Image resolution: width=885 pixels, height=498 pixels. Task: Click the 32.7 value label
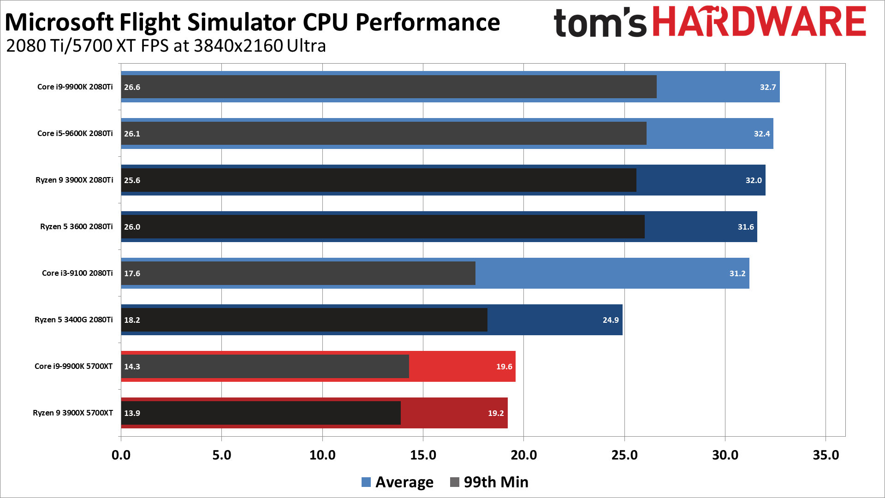coord(767,87)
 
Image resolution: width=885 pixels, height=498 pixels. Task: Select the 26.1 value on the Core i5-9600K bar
coord(132,134)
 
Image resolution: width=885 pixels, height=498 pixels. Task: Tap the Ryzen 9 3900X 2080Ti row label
coord(74,180)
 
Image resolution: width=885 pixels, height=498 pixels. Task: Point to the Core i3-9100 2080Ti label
coord(77,273)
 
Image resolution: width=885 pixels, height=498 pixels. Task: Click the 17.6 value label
coord(132,273)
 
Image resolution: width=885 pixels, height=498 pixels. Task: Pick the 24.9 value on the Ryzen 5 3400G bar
coord(610,320)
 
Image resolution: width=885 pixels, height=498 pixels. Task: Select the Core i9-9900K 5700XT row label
coord(73,366)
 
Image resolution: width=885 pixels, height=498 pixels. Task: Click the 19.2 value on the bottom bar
coord(496,413)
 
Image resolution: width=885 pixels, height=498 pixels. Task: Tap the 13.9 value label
coord(132,413)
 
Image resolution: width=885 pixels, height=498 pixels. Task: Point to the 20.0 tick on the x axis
coord(523,455)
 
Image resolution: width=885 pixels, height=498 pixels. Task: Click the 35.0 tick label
coord(826,455)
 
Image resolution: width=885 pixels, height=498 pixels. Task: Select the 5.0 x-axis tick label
coord(221,455)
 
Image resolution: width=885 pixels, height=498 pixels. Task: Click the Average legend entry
coord(398,482)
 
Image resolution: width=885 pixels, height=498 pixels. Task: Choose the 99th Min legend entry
coord(489,482)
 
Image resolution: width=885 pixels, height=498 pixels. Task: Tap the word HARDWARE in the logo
coord(760,22)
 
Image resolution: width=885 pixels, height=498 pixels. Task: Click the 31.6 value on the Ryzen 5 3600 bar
coord(745,227)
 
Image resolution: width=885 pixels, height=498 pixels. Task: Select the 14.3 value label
coord(132,367)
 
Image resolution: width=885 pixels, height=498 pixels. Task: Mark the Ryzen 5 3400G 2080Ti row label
coord(73,320)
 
